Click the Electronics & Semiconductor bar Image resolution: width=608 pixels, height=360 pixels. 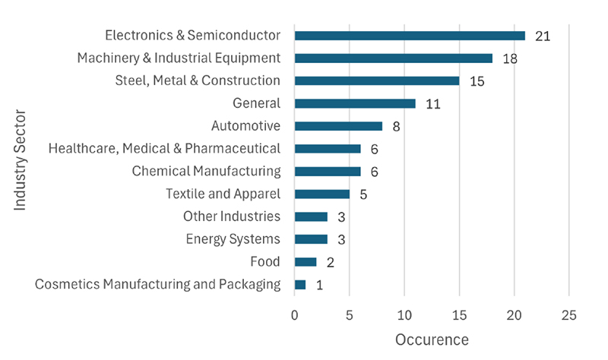click(x=410, y=36)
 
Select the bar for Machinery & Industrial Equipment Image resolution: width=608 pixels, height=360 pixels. click(x=394, y=58)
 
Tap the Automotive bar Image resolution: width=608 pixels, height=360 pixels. click(x=338, y=126)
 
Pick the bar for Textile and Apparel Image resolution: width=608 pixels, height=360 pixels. click(x=322, y=194)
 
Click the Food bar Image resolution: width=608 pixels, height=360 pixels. click(x=306, y=262)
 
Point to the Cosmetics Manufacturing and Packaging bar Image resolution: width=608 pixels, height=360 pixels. click(x=300, y=285)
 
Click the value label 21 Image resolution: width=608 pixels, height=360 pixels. click(x=543, y=36)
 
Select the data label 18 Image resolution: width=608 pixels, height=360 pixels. click(x=510, y=58)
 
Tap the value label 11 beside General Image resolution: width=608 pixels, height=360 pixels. click(x=433, y=104)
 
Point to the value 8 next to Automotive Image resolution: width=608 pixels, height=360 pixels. click(x=396, y=127)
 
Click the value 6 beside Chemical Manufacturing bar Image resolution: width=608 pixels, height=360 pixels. click(x=374, y=172)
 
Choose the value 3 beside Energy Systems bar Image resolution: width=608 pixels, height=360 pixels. click(x=341, y=239)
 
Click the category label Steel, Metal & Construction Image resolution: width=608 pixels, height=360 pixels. click(x=198, y=81)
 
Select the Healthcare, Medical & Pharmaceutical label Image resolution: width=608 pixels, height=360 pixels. click(x=164, y=148)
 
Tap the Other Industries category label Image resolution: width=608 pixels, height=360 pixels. click(x=232, y=216)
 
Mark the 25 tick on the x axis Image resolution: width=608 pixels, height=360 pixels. click(x=568, y=315)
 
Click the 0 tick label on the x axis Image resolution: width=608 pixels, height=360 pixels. click(x=295, y=315)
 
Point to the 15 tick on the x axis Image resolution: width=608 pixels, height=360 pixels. click(x=459, y=315)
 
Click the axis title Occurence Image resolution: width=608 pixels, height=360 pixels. click(x=432, y=339)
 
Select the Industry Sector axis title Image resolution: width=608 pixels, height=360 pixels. click(x=20, y=160)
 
